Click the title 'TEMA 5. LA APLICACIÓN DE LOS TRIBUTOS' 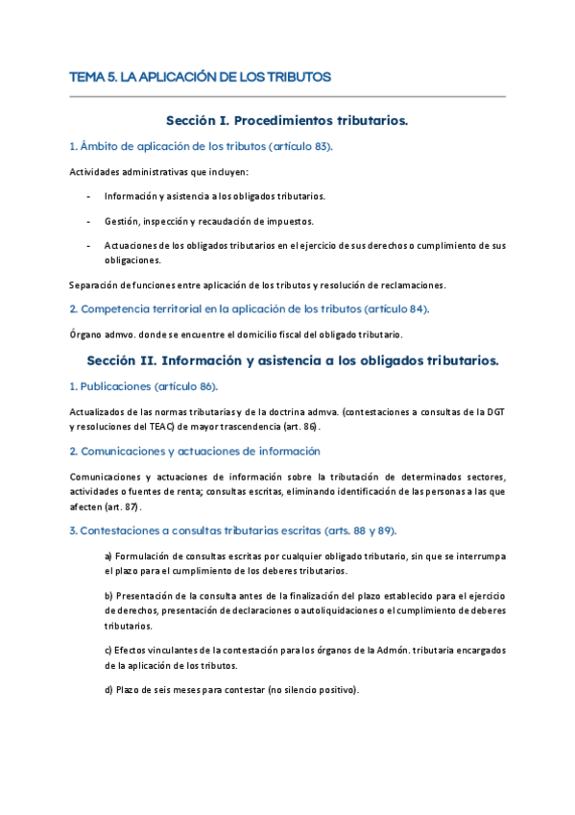pos(201,76)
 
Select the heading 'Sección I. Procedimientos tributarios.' pos(287,121)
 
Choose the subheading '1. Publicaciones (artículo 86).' pos(144,386)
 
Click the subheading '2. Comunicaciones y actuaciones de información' pos(196,451)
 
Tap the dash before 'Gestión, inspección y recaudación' pos(88,221)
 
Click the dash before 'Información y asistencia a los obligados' pos(88,196)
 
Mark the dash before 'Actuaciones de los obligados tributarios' pos(88,246)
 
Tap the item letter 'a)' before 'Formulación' pos(108,556)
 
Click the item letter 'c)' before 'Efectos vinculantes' pos(108,650)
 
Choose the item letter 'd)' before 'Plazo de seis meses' pos(108,689)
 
